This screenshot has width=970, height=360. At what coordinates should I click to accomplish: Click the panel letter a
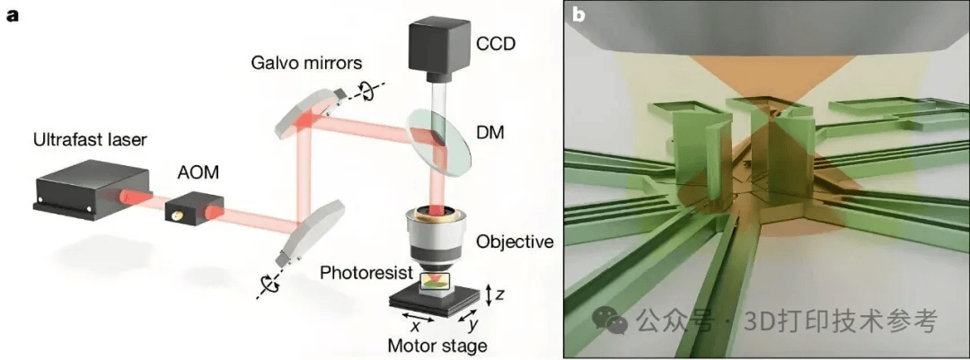(12, 15)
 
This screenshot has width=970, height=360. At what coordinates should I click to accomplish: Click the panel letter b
(579, 15)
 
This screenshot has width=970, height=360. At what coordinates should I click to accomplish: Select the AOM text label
(192, 170)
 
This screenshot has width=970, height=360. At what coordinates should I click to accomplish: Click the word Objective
(515, 241)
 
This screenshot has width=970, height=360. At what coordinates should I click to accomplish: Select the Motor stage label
(436, 346)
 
